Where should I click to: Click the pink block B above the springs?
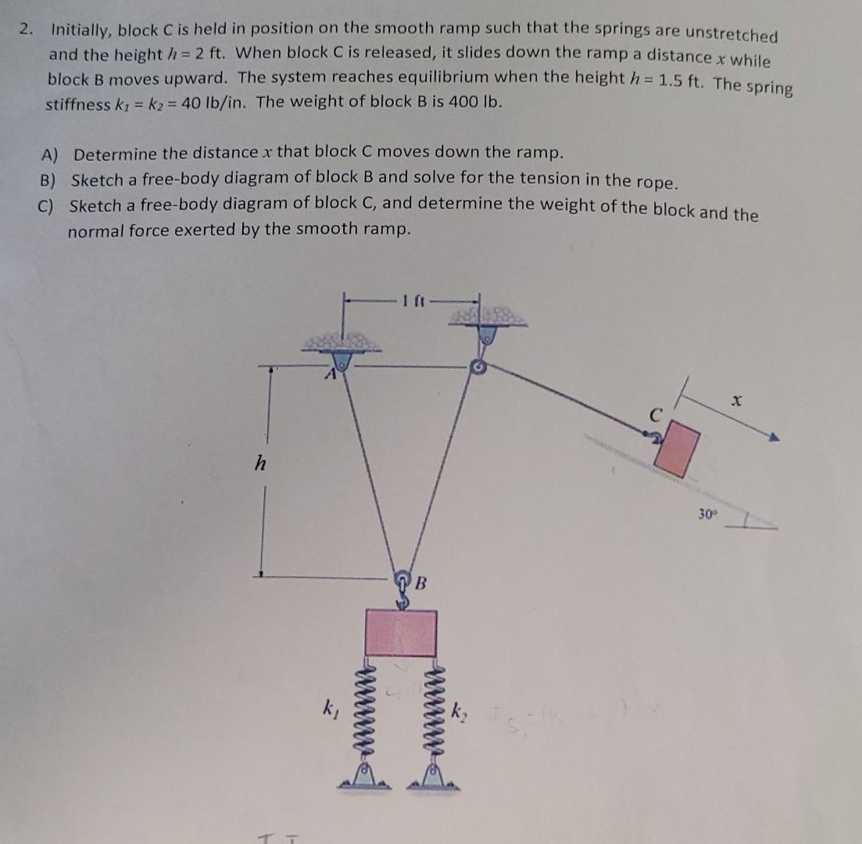(x=401, y=632)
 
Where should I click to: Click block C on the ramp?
(x=677, y=449)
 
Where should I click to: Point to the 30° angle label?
(x=707, y=516)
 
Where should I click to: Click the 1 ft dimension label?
(x=410, y=298)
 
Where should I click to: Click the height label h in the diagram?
(x=260, y=464)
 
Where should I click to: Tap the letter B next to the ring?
(x=420, y=582)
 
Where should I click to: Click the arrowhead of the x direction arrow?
(x=774, y=438)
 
